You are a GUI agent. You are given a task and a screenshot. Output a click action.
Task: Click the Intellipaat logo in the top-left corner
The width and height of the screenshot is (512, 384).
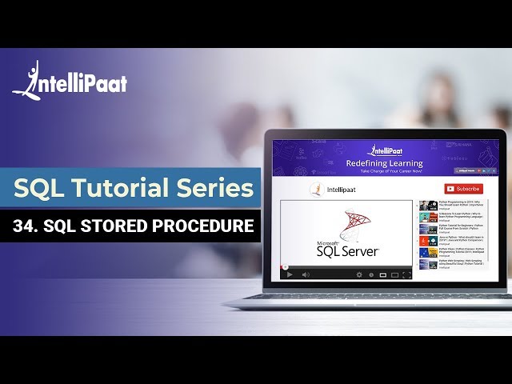(70, 80)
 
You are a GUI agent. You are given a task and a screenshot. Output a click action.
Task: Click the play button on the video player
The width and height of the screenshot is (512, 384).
(290, 274)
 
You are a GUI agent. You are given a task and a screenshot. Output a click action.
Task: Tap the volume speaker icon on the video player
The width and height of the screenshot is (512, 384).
(306, 274)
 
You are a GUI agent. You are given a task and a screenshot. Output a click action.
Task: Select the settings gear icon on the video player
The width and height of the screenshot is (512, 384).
(359, 274)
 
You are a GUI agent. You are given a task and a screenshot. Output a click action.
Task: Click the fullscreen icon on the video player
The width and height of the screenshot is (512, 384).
(406, 274)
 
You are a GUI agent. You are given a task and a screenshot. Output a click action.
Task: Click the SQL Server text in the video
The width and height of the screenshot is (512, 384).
(348, 251)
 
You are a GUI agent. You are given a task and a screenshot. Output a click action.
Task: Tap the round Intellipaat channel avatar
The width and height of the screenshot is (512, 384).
(316, 190)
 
